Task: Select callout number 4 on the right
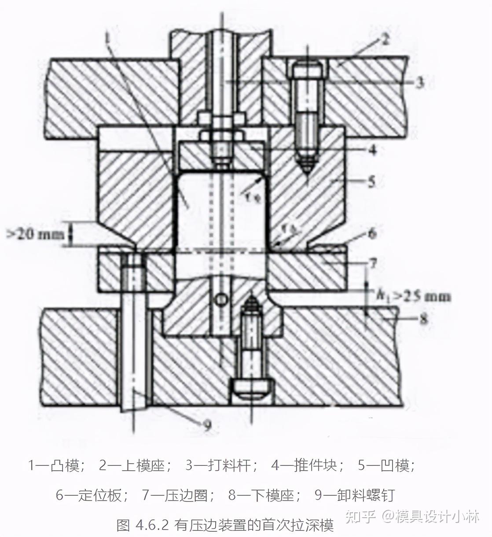373,150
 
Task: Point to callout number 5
372,181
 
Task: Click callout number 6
373,233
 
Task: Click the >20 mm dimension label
35,234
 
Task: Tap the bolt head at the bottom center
249,389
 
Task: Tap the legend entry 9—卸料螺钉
355,495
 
